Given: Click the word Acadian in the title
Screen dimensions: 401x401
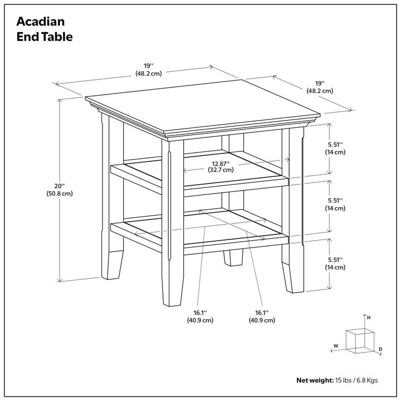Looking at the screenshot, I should click(40, 22).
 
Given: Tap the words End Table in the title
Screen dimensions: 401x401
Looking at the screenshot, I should click(45, 37).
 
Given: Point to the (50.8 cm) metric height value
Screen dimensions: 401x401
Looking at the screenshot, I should click(59, 194).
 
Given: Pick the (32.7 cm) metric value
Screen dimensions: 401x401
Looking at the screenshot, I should click(220, 170).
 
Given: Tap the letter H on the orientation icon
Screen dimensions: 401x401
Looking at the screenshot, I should click(368, 318).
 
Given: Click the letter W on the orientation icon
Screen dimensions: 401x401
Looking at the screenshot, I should click(336, 346).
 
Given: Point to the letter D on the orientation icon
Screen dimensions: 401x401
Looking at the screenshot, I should click(380, 349).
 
